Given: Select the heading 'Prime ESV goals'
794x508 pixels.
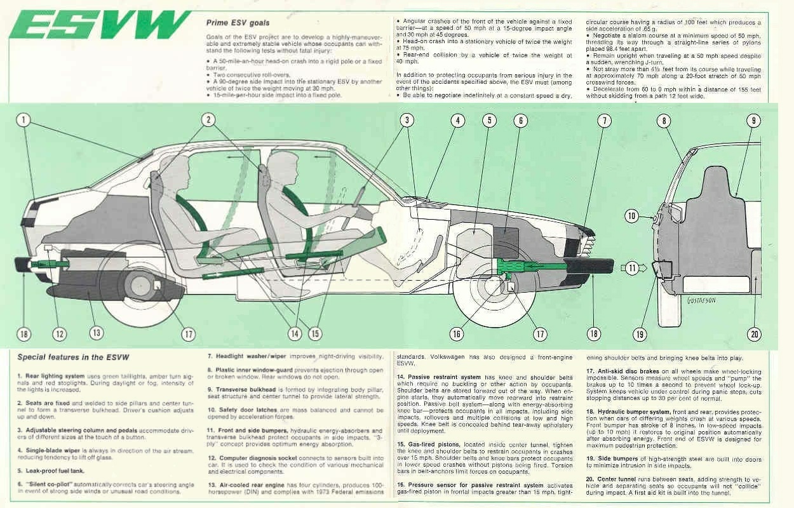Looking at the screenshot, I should [238, 23].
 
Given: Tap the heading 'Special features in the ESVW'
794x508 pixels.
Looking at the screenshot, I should [73, 358].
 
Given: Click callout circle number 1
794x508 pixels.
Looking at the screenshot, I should [24, 119].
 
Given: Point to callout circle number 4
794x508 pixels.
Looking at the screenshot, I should [457, 120].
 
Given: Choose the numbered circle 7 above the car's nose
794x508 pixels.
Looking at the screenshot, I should [604, 120].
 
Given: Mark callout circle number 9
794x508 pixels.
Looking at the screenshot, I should [753, 120].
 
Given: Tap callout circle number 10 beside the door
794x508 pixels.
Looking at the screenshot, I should [631, 216].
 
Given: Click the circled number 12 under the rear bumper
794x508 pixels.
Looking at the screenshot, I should [59, 333].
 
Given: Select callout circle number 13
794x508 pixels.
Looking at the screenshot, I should [96, 332].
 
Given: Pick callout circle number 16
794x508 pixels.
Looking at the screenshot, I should [456, 334].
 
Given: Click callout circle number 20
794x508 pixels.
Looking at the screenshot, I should [754, 334].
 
